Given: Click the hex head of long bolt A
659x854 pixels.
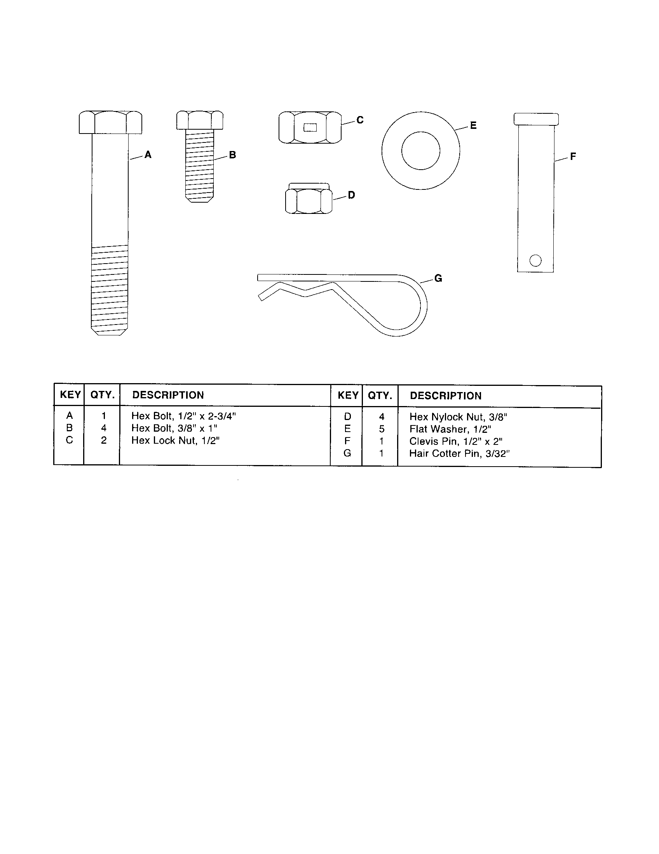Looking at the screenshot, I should tap(110, 122).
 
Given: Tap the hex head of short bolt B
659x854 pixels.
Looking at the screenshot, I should tap(200, 120).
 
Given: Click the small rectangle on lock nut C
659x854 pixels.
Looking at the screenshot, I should tap(310, 127).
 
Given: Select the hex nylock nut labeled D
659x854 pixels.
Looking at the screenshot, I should tap(309, 199).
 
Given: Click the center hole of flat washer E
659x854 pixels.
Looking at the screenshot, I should tap(421, 151).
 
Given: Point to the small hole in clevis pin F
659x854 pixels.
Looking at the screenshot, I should tap(535, 260).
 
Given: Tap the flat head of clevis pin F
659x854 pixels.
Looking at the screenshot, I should tap(536, 118).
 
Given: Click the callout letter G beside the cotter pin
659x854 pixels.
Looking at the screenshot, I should tap(438, 278).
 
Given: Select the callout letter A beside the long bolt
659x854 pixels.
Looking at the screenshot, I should tap(148, 155).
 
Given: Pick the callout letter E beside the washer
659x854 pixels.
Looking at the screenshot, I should tap(473, 125).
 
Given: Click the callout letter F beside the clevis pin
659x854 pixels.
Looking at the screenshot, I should tap(573, 157).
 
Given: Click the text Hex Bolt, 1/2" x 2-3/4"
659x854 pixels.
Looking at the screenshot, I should tap(183, 416).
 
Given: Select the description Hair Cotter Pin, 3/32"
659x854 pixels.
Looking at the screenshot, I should tap(459, 453).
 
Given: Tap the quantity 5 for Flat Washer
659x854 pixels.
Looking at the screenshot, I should tap(382, 429).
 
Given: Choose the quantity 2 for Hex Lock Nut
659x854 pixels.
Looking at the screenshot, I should tap(104, 440).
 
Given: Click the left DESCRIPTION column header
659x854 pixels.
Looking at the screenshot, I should tap(168, 395).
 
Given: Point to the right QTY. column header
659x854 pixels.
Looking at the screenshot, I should tap(380, 396).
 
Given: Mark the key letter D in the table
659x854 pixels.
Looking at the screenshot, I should tap(347, 417).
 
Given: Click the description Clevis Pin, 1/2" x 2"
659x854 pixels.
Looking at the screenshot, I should tap(456, 441).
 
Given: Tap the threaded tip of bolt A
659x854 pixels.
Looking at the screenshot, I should tap(110, 330).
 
